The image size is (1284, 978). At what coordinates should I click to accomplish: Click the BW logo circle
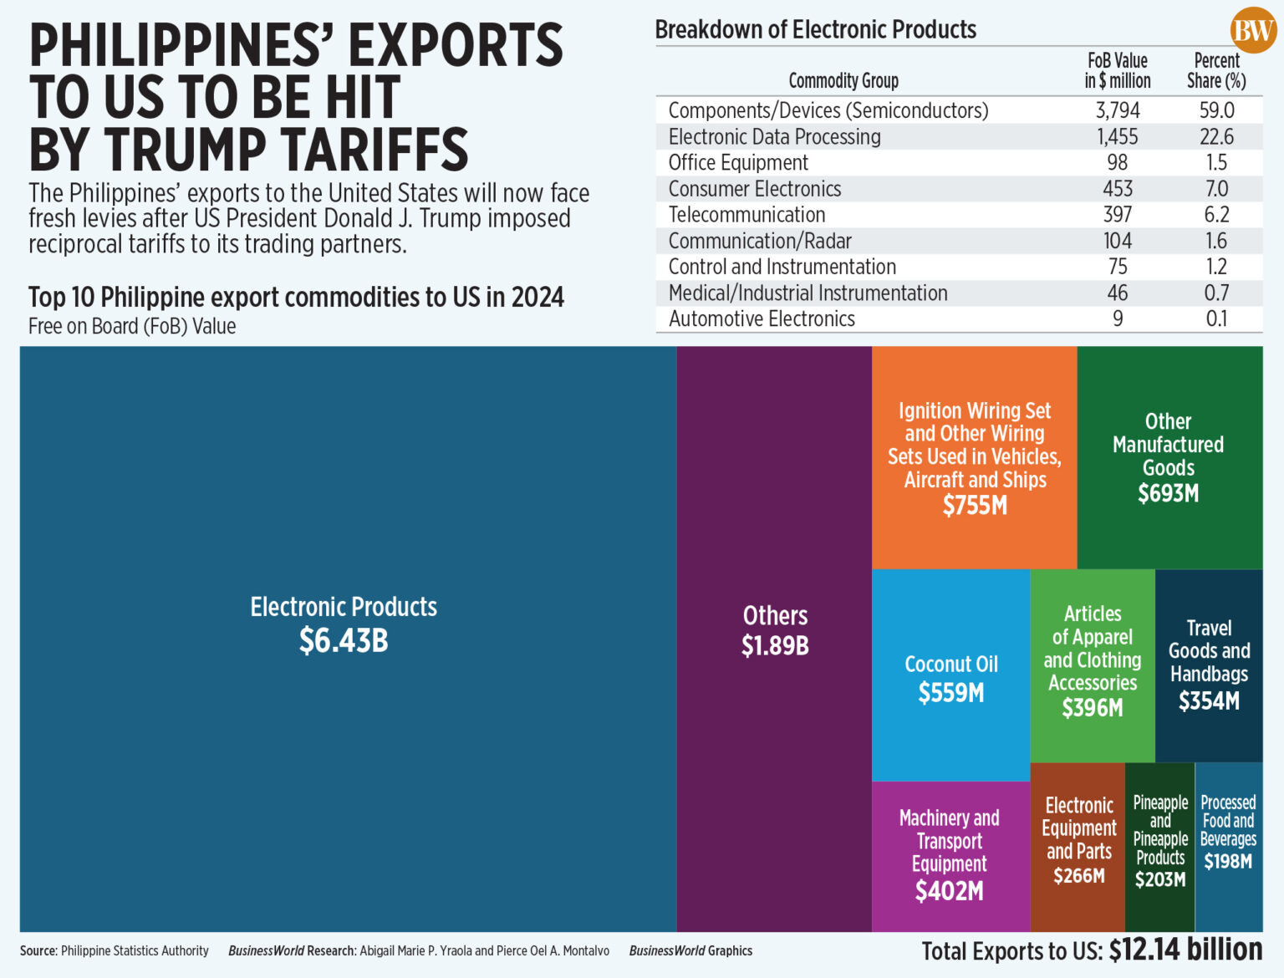pos(1252,31)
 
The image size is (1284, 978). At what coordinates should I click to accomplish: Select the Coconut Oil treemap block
pos(950,676)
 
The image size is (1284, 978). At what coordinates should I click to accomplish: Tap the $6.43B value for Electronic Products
pos(344,641)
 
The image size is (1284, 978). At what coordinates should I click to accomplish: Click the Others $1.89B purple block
pos(774,631)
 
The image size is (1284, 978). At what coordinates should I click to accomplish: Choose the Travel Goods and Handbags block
pos(1209,665)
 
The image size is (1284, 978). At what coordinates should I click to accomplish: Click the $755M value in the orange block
pos(975,506)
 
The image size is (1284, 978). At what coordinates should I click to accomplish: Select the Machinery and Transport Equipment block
pos(950,854)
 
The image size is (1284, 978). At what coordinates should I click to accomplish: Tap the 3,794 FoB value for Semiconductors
pos(1118,110)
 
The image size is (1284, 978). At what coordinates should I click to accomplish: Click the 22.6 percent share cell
pos(1216,136)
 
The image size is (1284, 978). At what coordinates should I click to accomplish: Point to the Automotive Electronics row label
pos(762,318)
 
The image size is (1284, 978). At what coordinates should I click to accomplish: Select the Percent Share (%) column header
pos(1216,70)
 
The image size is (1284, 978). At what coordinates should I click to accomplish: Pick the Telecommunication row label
pos(746,215)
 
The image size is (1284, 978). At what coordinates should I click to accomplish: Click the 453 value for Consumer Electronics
pos(1118,189)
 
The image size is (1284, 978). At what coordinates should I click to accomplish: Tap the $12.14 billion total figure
pos(1185,950)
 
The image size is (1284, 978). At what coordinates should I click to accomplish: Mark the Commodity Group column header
pos(843,80)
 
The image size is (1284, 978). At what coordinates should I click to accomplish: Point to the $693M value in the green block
pos(1168,494)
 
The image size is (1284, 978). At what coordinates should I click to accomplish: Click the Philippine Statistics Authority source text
pos(135,950)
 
